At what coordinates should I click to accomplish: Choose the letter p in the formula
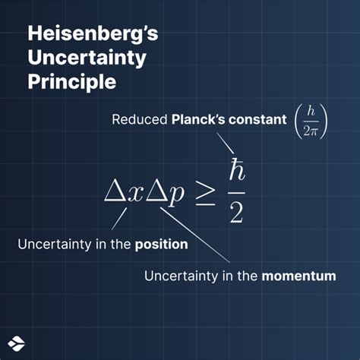point(175,194)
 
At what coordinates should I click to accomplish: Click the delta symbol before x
point(115,192)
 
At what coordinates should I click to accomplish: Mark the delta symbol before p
point(156,192)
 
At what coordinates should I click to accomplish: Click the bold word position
point(162,245)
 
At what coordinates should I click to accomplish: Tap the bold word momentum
point(298,276)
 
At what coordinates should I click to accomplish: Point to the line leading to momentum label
point(194,235)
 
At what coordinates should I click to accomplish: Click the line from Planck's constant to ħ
point(226,144)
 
